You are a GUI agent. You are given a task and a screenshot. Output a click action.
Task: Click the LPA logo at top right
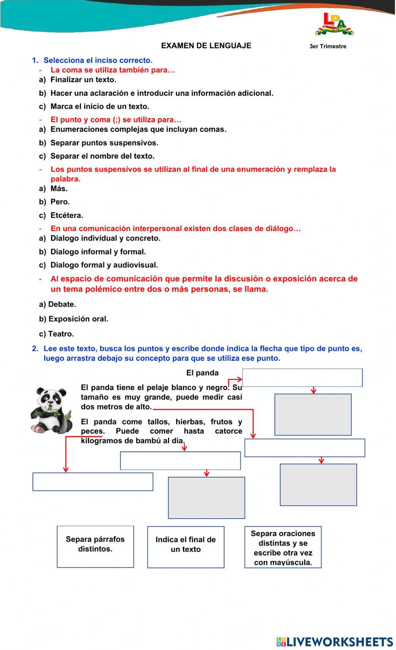tap(334, 25)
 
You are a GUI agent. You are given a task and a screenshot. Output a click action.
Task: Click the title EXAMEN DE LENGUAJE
tap(206, 45)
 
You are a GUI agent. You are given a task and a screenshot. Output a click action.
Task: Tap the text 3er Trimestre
tap(327, 46)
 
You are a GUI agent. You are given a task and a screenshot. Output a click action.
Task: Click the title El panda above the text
tap(202, 373)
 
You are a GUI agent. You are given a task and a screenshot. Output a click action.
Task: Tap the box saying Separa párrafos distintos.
tap(95, 546)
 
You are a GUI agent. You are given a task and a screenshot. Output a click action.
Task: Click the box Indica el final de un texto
tap(185, 547)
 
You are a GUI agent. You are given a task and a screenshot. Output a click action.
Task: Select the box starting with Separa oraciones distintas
tap(283, 547)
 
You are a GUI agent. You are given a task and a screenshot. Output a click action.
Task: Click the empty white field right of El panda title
tap(302, 377)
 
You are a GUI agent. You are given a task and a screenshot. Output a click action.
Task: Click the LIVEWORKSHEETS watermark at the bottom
tap(335, 641)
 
